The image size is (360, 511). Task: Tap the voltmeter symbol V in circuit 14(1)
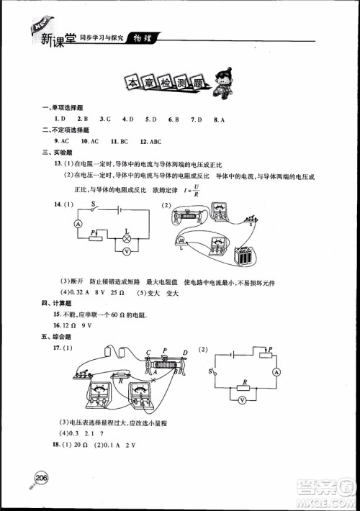126,251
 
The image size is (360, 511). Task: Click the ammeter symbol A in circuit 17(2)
275,372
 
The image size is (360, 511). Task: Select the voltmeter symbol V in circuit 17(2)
243,399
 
